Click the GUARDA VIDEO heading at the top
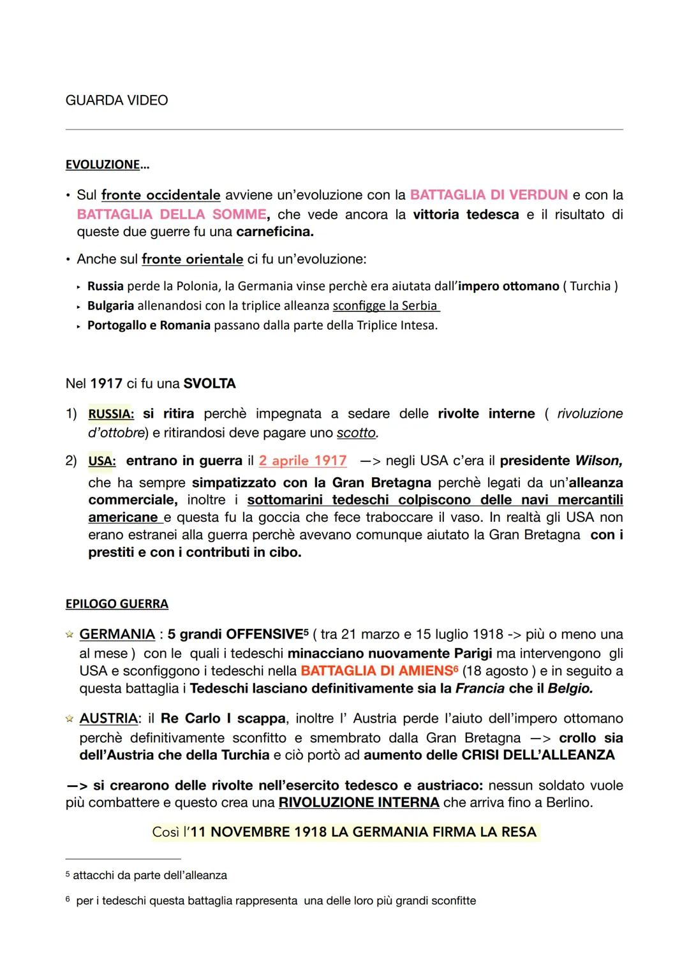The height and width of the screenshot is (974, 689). pos(117,100)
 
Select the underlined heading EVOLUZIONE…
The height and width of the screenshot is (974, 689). pos(107,165)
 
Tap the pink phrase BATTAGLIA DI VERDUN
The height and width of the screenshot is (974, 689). pos(489,195)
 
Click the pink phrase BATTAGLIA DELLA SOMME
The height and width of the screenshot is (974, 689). pos(172,214)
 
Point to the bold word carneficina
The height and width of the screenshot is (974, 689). pos(274,232)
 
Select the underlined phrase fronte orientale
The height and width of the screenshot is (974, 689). pos(192,259)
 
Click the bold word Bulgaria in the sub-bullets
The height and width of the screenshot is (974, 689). pos(110,306)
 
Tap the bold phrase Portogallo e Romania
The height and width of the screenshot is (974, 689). pos(149,325)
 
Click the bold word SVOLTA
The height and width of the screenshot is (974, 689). pos(209,383)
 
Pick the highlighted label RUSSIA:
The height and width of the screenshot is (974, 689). pos(111,414)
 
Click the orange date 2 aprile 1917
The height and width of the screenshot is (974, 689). pos(302,461)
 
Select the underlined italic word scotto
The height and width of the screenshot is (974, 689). pos(356,433)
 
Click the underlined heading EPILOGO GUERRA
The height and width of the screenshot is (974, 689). pos(117,603)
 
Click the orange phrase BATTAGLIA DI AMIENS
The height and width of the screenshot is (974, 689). pos(376,671)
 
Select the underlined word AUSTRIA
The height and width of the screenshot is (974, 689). pos(108,718)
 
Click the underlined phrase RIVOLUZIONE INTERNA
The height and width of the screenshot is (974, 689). pos(359,802)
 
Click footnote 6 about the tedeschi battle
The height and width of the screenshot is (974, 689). pos(274,901)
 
